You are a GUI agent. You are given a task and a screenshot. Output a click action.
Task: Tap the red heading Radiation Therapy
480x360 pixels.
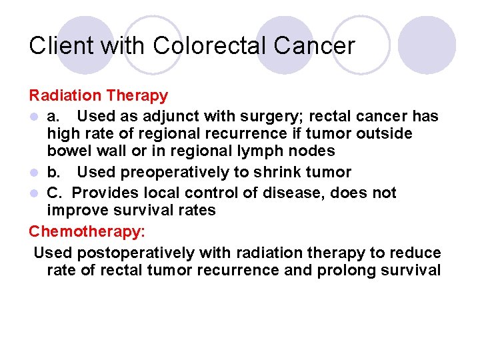(x=98, y=96)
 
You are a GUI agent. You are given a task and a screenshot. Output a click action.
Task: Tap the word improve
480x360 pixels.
(x=75, y=211)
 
